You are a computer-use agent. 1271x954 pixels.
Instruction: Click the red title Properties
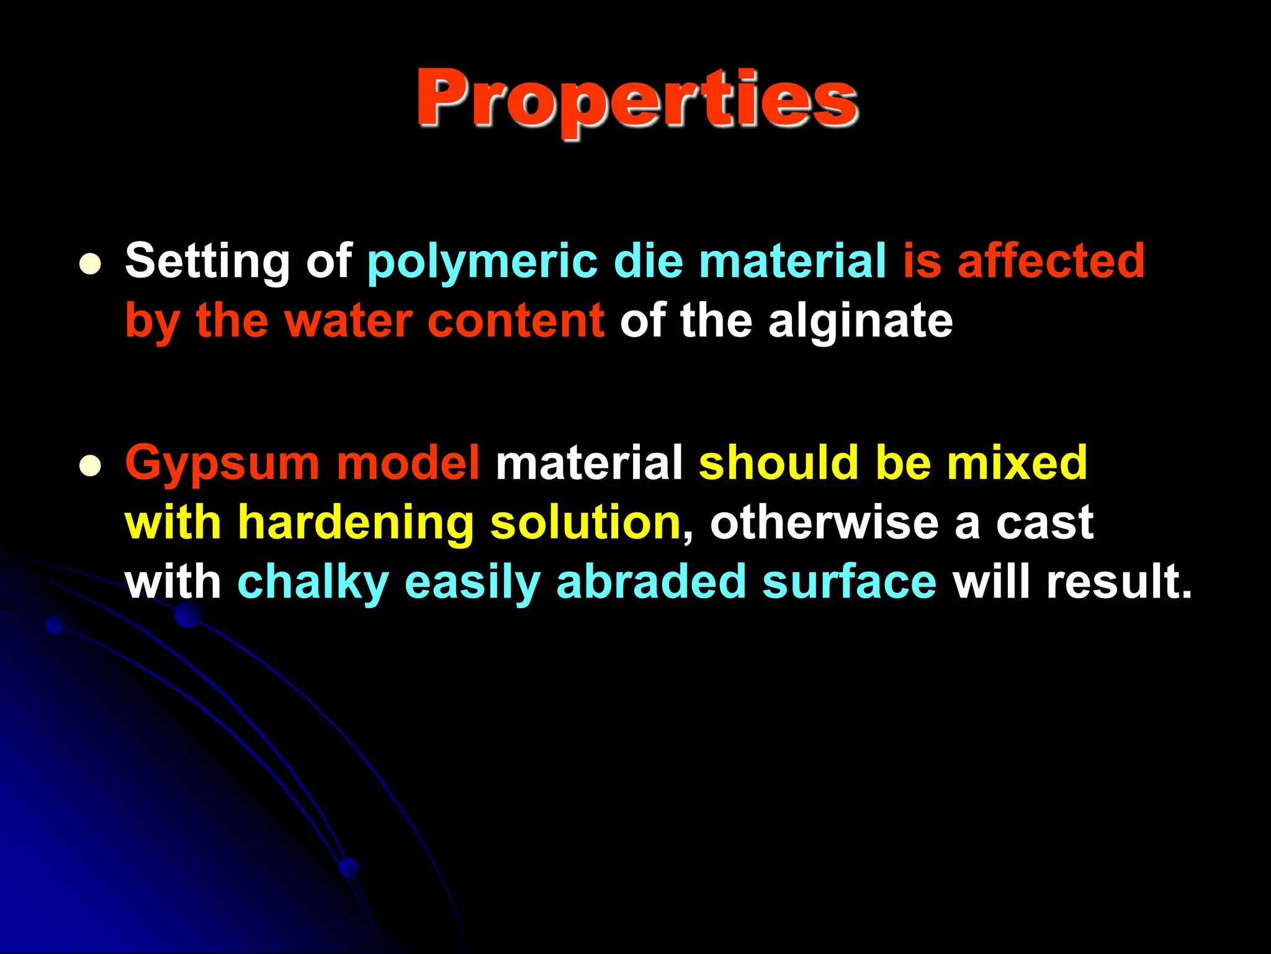(x=637, y=99)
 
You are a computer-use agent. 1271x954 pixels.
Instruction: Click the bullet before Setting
(x=91, y=264)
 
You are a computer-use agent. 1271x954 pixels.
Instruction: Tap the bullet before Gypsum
(x=91, y=466)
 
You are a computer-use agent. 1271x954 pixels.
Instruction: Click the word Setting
(x=207, y=261)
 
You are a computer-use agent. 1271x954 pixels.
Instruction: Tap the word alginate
(x=860, y=322)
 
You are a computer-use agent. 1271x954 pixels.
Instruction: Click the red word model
(x=408, y=463)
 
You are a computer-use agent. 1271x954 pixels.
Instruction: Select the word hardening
(x=356, y=523)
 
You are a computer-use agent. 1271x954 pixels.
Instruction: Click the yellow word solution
(x=585, y=522)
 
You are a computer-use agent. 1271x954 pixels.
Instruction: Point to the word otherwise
(x=824, y=522)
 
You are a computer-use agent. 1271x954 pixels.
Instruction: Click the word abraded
(x=651, y=582)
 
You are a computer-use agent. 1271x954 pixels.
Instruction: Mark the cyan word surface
(x=849, y=582)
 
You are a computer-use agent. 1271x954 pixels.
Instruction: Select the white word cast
(x=1044, y=523)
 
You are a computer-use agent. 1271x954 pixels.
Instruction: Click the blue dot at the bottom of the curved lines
(x=349, y=867)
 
